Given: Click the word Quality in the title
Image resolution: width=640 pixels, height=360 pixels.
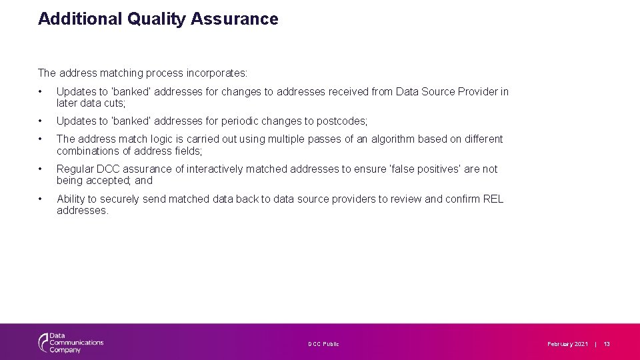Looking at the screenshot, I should coord(156,19).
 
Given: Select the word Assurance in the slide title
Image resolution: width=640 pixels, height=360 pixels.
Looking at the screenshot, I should coord(235,19).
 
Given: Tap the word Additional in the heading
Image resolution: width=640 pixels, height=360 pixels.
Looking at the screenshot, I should coord(78,19).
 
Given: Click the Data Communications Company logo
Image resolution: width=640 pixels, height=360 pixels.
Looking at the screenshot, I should coord(70,343).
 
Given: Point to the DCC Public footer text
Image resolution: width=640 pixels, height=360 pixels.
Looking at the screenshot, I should coord(323,344).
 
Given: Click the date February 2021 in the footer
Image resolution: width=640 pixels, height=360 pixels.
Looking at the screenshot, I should coord(567,344).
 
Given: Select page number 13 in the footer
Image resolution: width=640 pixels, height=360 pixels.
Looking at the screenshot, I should coord(607,344).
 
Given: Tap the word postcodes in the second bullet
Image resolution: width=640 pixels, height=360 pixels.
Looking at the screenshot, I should coord(342,121).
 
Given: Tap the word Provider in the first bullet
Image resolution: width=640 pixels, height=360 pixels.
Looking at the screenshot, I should coord(479,91).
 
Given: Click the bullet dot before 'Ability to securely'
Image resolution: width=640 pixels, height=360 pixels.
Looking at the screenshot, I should coord(41,199).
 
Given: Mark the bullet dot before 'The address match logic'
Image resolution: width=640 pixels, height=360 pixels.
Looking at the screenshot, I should coord(41,139).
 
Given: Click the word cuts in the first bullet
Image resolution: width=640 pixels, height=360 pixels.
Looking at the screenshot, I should coord(114,103).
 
